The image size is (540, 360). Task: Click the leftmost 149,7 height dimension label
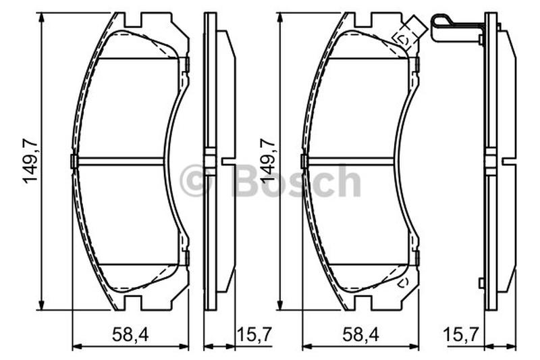pos(30,161)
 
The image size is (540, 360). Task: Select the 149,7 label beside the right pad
pos(269,161)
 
